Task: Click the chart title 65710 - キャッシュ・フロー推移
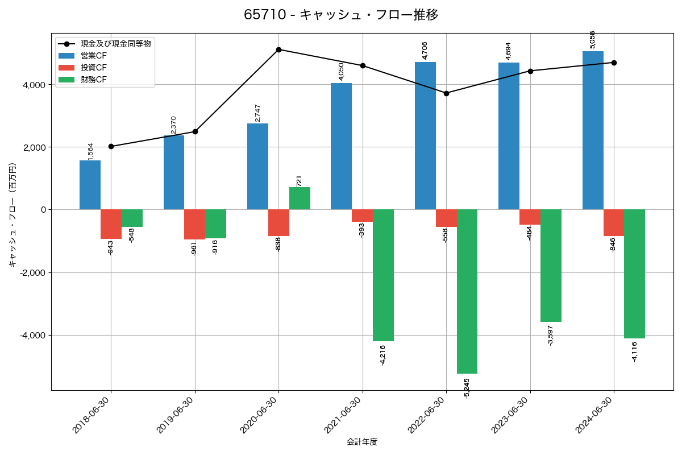click(341, 15)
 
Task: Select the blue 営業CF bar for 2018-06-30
click(90, 185)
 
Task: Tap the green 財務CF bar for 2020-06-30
click(300, 198)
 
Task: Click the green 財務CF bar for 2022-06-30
click(467, 291)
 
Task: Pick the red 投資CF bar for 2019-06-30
click(194, 224)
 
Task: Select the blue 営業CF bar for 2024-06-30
click(593, 130)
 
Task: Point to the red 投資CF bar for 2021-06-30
click(362, 216)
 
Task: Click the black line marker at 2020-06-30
click(278, 49)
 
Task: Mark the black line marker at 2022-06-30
click(446, 93)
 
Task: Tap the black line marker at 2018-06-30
click(111, 146)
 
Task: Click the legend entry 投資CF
click(94, 68)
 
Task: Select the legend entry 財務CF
click(94, 80)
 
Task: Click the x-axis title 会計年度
click(362, 442)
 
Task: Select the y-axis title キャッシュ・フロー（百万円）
click(12, 215)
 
